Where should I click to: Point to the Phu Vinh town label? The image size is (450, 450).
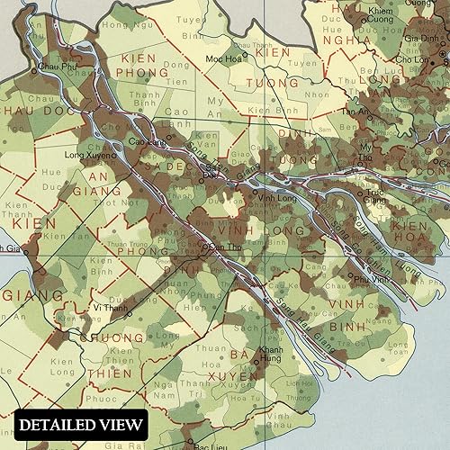click(x=364, y=280)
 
